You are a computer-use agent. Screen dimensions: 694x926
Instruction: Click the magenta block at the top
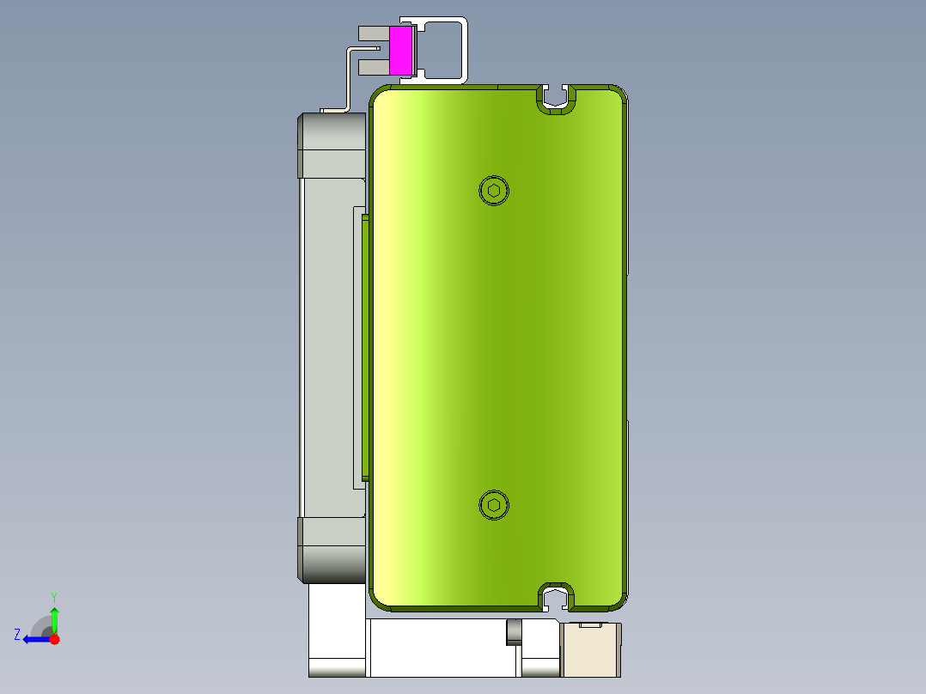(x=400, y=50)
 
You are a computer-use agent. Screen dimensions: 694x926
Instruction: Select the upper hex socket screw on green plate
(x=494, y=190)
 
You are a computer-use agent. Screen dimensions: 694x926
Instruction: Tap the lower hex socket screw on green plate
(x=494, y=505)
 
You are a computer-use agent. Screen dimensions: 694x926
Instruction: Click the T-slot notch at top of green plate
(x=557, y=99)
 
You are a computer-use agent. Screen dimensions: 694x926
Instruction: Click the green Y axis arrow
(x=54, y=618)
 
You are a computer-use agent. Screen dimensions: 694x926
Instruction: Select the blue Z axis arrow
(x=34, y=639)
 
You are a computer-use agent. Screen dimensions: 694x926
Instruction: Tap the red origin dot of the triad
(x=54, y=639)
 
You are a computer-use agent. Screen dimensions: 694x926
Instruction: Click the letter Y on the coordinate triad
(x=53, y=596)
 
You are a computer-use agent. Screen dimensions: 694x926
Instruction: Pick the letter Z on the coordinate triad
(x=17, y=635)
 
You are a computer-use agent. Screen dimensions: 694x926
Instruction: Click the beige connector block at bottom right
(x=590, y=648)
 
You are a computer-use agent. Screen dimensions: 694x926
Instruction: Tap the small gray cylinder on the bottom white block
(x=514, y=631)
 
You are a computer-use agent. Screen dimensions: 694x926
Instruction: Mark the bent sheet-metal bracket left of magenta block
(x=347, y=82)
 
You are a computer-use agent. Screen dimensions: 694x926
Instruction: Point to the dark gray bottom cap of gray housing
(x=332, y=550)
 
